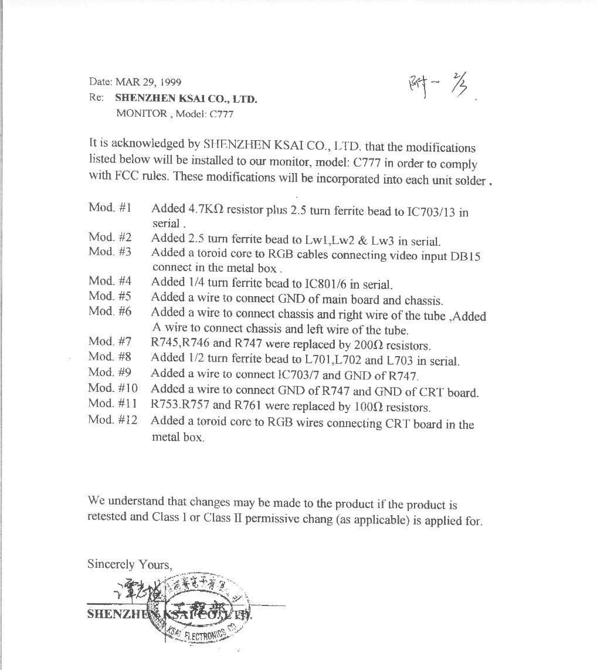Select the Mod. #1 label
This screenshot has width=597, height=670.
coord(110,208)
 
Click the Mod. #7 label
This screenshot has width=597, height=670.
coord(110,341)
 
